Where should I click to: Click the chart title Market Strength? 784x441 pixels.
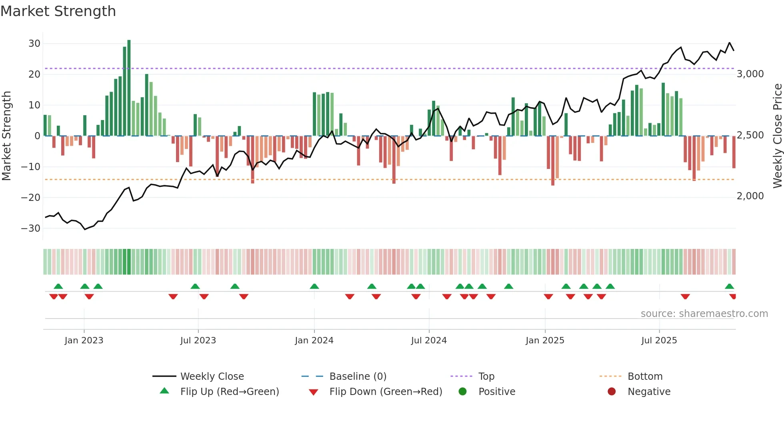click(58, 11)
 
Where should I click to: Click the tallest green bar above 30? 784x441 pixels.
click(129, 88)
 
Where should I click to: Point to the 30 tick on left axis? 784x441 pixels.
click(34, 43)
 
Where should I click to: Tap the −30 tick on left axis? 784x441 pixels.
click(31, 228)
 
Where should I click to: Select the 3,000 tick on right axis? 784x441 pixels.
click(750, 74)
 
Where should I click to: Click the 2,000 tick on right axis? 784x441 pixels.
click(750, 196)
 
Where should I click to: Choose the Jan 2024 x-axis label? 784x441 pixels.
click(314, 340)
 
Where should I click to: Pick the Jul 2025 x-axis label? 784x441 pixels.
click(659, 340)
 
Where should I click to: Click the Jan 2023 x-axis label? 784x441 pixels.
click(84, 340)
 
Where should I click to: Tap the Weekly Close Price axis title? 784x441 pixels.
click(777, 136)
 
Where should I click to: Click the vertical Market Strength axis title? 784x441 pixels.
click(7, 136)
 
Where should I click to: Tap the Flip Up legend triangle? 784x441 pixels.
click(164, 391)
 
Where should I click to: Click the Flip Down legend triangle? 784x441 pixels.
click(314, 392)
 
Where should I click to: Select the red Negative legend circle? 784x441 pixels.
click(612, 391)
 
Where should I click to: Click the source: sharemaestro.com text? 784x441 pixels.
click(704, 313)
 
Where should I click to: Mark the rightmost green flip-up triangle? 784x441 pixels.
click(729, 287)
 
